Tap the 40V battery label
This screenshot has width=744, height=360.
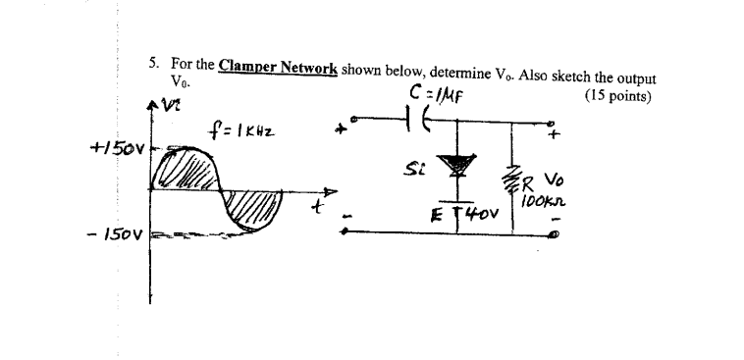tap(475, 212)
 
